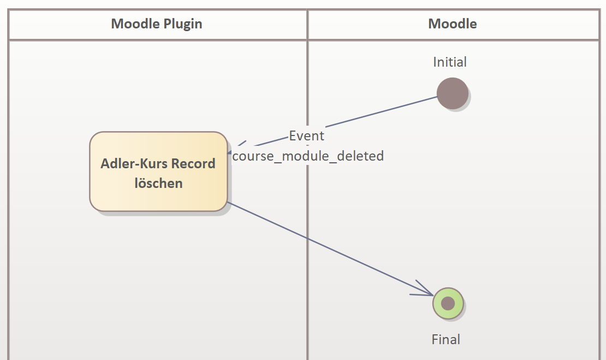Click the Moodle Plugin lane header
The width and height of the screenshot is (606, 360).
click(157, 24)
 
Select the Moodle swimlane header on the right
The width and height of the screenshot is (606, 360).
click(453, 24)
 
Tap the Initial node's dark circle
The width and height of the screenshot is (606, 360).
click(453, 93)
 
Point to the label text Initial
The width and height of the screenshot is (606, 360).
click(450, 62)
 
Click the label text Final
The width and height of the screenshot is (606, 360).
click(446, 339)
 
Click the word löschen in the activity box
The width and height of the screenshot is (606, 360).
click(158, 183)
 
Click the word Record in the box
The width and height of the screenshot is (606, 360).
click(193, 163)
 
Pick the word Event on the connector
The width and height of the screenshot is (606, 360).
click(306, 135)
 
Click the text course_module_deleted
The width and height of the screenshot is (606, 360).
click(308, 156)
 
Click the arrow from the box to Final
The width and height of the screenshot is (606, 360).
click(328, 249)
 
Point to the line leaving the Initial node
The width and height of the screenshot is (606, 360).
click(382, 113)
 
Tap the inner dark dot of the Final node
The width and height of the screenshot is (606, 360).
click(448, 303)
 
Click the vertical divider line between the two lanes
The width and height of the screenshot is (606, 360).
click(307, 246)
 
